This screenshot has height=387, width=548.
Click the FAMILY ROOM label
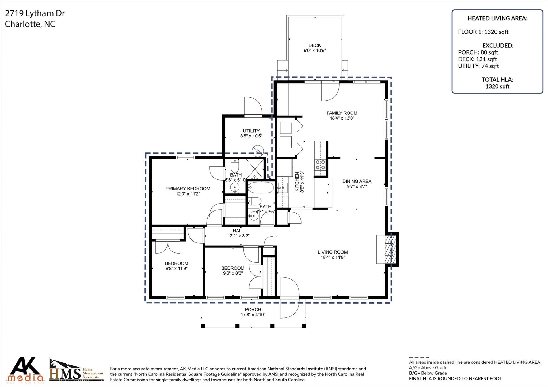(342, 113)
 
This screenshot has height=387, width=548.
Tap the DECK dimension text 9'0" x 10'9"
(314, 51)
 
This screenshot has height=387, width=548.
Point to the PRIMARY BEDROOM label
(188, 189)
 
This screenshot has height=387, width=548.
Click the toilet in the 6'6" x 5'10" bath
(235, 166)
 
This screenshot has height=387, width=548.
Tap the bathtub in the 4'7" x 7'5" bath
(260, 188)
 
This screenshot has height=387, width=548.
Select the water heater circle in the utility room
(258, 151)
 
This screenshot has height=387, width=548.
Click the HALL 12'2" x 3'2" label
(238, 233)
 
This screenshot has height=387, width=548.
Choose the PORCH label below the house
(253, 309)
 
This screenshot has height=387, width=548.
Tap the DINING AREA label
(357, 181)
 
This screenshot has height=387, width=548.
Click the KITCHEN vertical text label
(297, 182)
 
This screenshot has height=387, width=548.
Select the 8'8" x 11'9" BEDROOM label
(176, 266)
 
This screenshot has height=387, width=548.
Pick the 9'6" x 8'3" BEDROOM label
(233, 270)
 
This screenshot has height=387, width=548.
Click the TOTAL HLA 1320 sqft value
(497, 86)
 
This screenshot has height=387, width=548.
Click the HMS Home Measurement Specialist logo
(76, 370)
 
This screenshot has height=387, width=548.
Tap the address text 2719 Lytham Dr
(35, 13)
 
